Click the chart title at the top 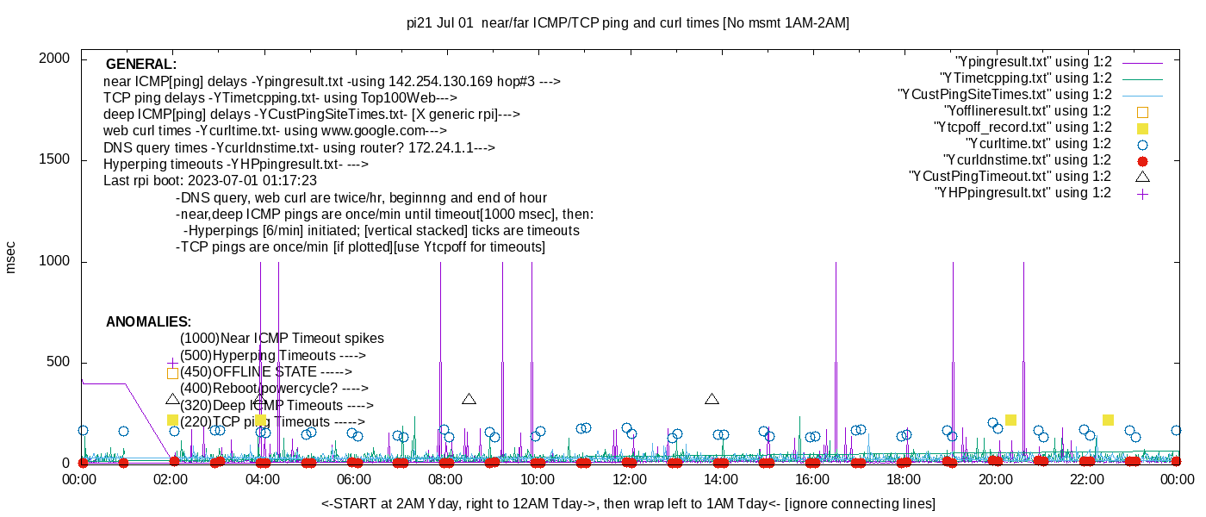[x=627, y=23]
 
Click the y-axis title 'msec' [x=10, y=257]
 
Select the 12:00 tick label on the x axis [x=629, y=480]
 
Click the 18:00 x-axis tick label [x=903, y=480]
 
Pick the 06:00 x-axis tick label [x=354, y=480]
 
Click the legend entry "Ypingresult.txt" [x=1034, y=62]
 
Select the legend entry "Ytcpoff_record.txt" [x=1023, y=128]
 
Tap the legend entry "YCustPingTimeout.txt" [x=1010, y=177]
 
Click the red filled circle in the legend [x=1143, y=160]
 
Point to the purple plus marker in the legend [x=1143, y=193]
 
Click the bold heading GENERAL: [x=141, y=65]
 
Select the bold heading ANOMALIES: [x=148, y=322]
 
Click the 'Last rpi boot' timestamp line [x=210, y=181]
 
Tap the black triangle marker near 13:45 [x=712, y=399]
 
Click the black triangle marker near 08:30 [x=469, y=399]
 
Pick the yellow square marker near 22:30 [x=1108, y=420]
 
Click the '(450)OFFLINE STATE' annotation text [x=265, y=372]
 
